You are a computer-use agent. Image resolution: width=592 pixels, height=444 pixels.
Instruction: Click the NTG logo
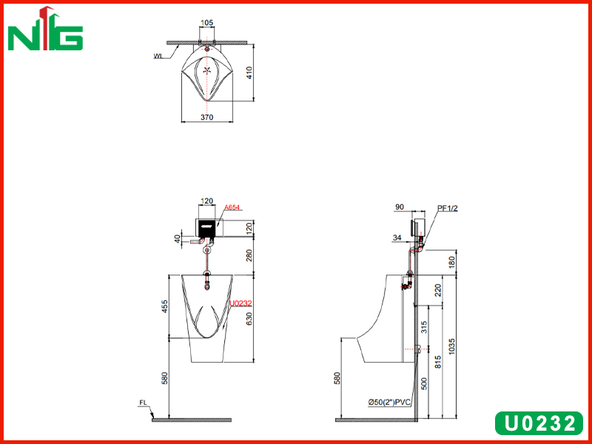point(45,29)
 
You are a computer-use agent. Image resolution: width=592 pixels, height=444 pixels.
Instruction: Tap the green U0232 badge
point(539,423)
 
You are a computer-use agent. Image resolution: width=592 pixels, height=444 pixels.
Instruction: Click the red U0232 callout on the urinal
point(240,303)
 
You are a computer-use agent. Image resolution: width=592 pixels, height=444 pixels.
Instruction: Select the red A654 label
point(232,208)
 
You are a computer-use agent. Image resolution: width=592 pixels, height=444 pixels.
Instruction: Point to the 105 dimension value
point(206,23)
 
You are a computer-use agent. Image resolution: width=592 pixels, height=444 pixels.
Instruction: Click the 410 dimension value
point(249,73)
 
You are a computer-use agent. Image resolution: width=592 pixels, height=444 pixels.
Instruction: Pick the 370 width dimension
point(207,117)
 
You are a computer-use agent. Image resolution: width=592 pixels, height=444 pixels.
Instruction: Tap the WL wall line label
point(158,56)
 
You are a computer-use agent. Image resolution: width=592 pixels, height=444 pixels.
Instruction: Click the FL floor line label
point(143,403)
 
